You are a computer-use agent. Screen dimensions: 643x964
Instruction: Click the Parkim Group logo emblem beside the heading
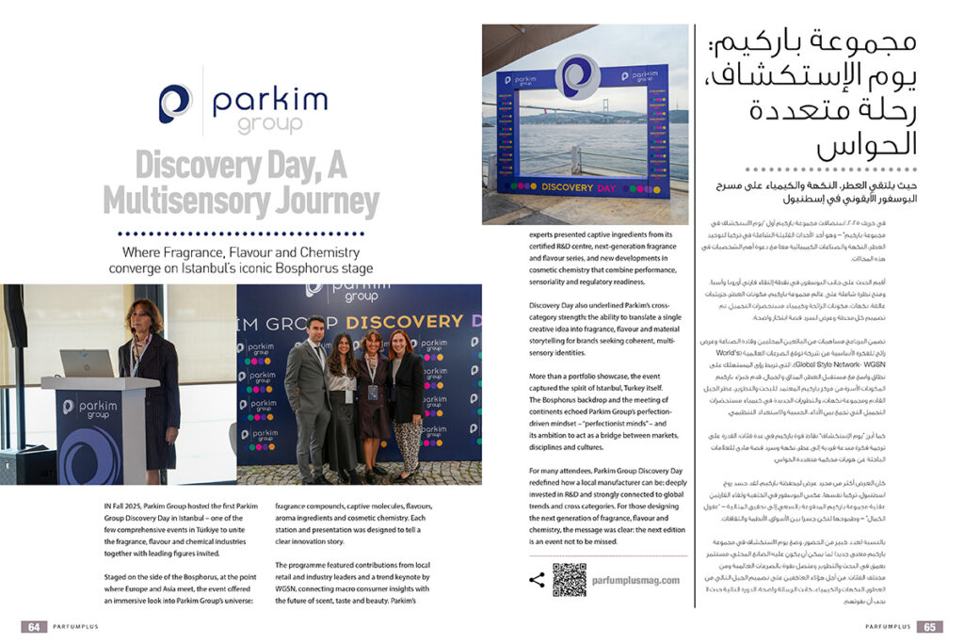coord(175,104)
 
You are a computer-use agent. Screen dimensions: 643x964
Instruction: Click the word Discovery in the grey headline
coord(193,165)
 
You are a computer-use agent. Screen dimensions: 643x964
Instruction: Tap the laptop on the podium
coord(88,364)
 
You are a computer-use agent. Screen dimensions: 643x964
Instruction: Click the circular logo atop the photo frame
coord(578,77)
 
